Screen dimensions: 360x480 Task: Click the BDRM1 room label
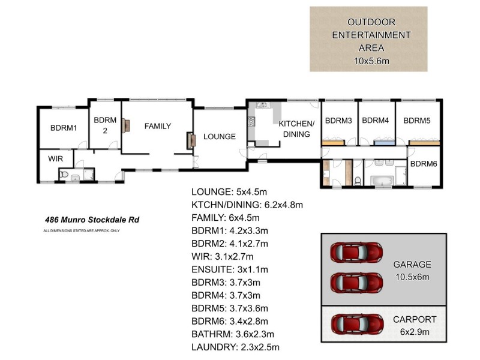point(64,128)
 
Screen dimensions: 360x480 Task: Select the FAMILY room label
point(157,127)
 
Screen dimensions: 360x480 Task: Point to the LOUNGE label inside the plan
point(219,137)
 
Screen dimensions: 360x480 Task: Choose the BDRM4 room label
point(376,120)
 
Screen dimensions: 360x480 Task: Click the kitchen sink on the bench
point(262,106)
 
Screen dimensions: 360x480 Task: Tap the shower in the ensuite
point(88,174)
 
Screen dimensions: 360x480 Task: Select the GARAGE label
point(412,265)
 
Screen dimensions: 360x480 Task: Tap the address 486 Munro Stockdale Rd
point(92,220)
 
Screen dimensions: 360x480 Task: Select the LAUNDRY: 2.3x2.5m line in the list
point(235,347)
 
